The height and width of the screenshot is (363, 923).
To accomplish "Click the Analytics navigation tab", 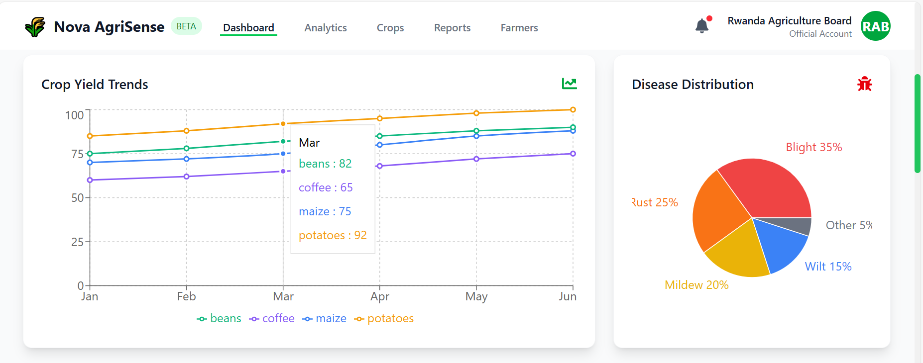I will click(326, 28).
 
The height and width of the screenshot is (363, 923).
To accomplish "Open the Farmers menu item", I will click(519, 28).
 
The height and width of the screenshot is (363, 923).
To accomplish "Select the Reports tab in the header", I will click(452, 28).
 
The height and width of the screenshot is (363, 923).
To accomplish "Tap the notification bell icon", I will click(702, 26).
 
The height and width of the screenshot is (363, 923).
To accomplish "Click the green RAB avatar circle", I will click(875, 26).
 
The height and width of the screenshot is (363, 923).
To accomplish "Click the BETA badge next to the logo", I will click(186, 26).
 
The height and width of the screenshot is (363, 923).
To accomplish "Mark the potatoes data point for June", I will click(573, 110).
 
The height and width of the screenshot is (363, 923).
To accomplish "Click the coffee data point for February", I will click(187, 177).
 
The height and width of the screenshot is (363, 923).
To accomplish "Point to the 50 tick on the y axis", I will click(77, 198).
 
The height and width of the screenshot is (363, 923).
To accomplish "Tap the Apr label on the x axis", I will click(380, 297).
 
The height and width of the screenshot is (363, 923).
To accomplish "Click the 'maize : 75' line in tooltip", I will click(325, 211).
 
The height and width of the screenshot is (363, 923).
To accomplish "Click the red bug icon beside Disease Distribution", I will click(865, 84).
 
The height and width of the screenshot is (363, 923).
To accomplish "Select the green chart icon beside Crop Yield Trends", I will click(569, 84).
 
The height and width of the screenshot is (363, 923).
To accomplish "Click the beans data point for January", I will click(90, 154).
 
